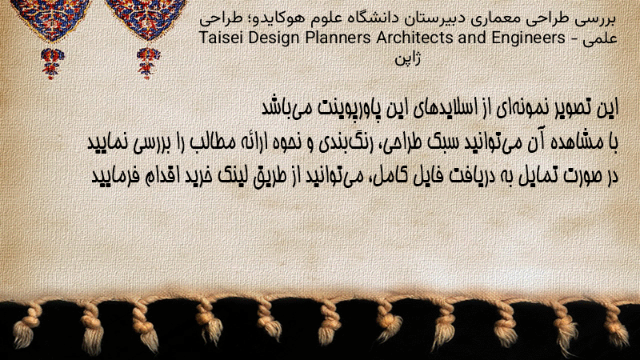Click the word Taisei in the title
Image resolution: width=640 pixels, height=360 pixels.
[222, 38]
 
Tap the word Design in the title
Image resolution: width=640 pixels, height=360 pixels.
[274, 38]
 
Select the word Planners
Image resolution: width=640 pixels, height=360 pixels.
[338, 38]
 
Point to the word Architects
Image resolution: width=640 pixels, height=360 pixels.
[414, 38]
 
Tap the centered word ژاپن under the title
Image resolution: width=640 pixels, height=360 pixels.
[407, 58]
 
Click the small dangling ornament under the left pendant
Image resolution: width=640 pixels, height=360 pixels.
[52, 62]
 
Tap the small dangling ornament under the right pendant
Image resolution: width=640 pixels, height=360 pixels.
[148, 62]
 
